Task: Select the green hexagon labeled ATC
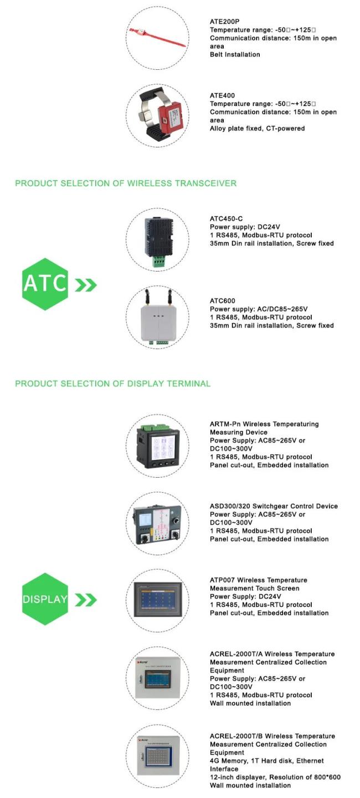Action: point(45,284)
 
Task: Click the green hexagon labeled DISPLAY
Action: point(45,599)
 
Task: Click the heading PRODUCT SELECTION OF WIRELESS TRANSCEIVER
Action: point(126,183)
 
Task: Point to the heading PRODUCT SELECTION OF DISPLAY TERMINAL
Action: point(113,383)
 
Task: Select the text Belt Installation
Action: point(235,55)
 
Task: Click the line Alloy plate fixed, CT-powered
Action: point(257,129)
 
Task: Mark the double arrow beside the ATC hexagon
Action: point(86,285)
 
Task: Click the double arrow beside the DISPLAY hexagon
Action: point(86,600)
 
